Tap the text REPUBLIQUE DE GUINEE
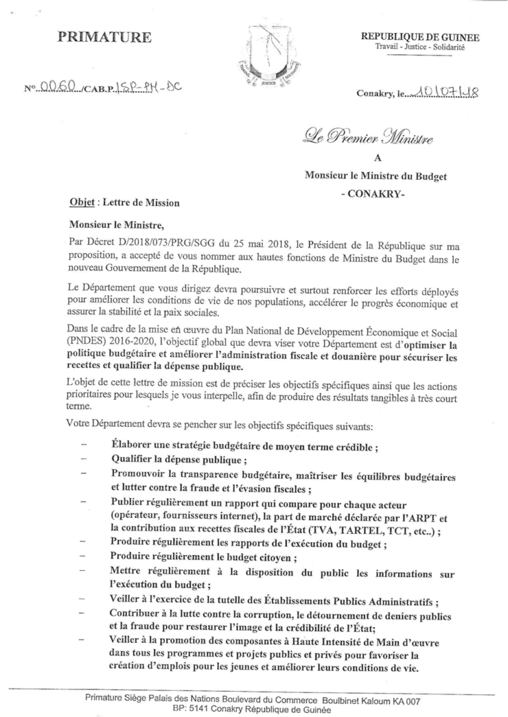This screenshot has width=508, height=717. click(420, 38)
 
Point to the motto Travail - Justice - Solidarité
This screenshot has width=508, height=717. click(420, 48)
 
